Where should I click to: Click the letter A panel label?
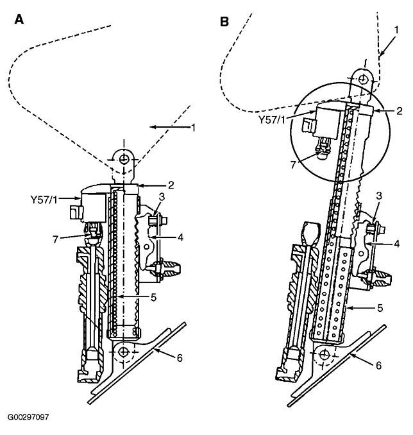tap(19, 19)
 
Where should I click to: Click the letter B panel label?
tap(224, 22)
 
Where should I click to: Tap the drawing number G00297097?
tap(28, 417)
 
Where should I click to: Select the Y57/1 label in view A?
tap(44, 199)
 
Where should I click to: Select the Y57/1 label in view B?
tap(272, 120)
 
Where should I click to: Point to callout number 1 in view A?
tap(193, 128)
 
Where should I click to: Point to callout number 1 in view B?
tap(396, 30)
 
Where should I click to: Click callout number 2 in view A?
tap(171, 185)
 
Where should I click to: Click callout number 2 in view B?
tap(399, 111)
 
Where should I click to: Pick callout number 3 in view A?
tap(162, 197)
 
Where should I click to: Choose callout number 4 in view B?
tap(397, 244)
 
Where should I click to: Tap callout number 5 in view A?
tap(153, 298)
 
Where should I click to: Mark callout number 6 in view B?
tap(379, 365)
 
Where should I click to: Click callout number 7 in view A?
tap(56, 239)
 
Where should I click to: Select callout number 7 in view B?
tap(293, 164)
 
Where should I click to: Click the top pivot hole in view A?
tap(124, 159)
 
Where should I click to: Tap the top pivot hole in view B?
tap(362, 80)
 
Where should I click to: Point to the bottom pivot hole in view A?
tap(123, 352)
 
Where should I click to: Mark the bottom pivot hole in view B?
tap(324, 355)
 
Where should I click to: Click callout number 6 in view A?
tap(180, 358)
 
